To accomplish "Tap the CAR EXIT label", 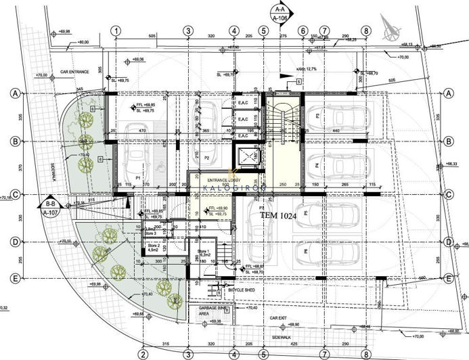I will [282, 317].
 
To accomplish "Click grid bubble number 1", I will [116, 31].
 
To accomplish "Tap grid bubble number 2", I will [143, 353].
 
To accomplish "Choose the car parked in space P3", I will [338, 120].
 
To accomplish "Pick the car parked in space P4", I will [338, 164].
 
